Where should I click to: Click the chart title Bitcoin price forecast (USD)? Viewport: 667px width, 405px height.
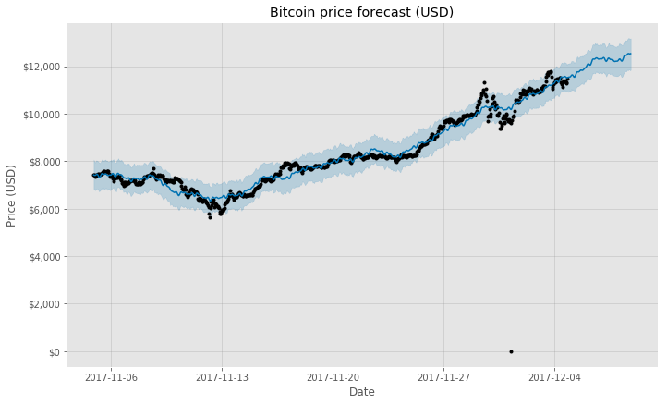pos(361,12)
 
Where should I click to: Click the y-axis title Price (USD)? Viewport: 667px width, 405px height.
pos(12,195)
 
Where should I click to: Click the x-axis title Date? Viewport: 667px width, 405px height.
pos(361,392)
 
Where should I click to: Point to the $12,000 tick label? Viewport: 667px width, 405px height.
pos(42,67)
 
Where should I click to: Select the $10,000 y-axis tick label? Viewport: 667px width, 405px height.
pos(42,115)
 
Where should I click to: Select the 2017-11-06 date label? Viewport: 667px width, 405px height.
pos(111,376)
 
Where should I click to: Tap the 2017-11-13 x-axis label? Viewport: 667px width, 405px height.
pos(222,376)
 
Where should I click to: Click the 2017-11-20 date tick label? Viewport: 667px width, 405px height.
pos(333,376)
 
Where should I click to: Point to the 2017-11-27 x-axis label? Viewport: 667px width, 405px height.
pos(443,376)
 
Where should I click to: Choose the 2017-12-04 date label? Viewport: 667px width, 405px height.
pos(554,376)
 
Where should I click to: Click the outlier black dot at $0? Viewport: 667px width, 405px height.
pos(511,351)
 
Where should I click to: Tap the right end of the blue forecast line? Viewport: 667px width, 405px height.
pos(631,53)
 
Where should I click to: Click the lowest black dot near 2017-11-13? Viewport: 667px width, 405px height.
pos(210,217)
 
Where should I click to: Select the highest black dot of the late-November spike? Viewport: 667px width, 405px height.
pos(483,82)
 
